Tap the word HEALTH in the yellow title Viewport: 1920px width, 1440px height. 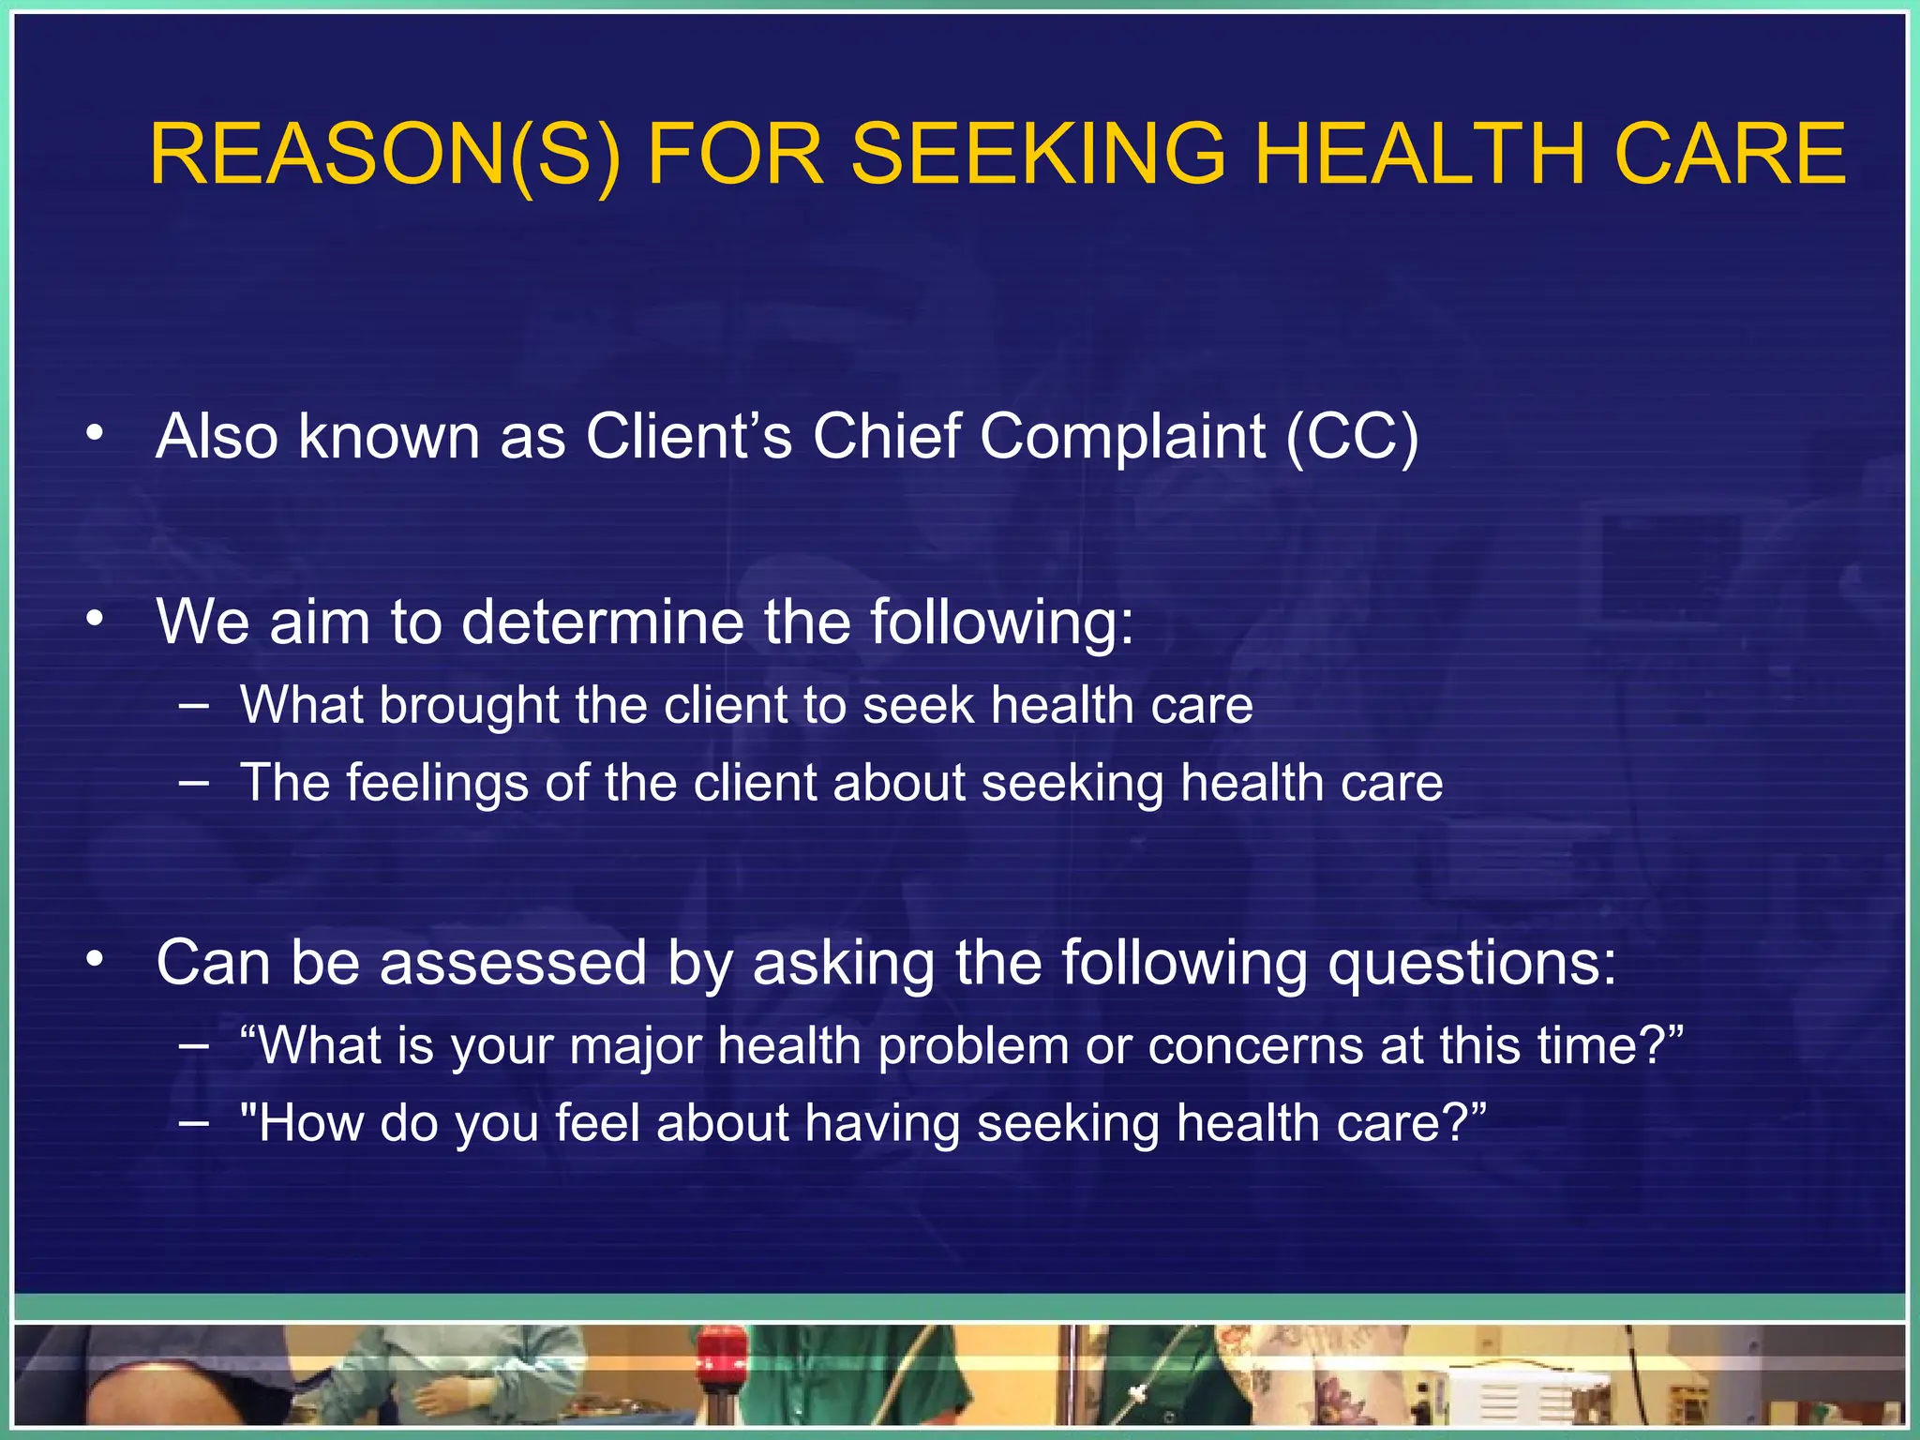tap(1419, 155)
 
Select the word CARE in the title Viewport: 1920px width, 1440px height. tap(1730, 155)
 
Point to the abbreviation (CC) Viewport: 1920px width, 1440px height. tap(1351, 437)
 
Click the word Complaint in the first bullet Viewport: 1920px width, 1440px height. tap(1122, 437)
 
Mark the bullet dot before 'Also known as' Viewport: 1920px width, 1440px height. tap(94, 433)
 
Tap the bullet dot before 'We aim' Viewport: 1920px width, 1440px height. tap(94, 619)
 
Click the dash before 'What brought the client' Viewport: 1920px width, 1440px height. tap(193, 705)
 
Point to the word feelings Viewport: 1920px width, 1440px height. tap(437, 784)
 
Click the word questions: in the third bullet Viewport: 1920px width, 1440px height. tap(1472, 963)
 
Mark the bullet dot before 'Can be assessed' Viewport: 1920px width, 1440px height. tap(94, 959)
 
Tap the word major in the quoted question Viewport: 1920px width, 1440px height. tap(636, 1046)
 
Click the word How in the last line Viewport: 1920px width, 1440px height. tap(309, 1123)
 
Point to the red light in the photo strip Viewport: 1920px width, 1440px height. tap(720, 1350)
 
